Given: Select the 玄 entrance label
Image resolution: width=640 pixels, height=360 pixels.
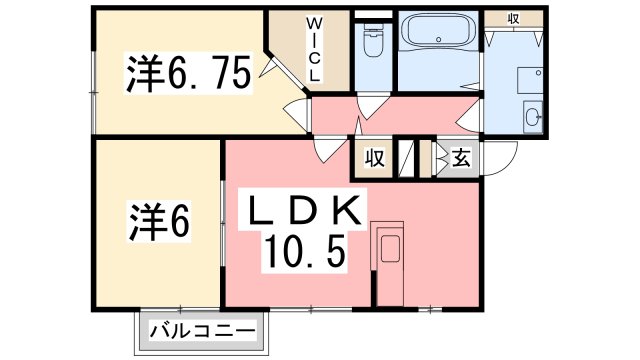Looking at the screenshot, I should click(x=460, y=158).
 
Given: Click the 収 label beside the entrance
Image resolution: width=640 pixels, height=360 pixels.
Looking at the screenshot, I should click(x=375, y=158).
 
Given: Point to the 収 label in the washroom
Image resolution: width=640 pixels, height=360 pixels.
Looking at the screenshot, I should click(x=513, y=18).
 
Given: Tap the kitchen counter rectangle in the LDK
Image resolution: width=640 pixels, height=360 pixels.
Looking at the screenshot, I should click(x=388, y=251).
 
